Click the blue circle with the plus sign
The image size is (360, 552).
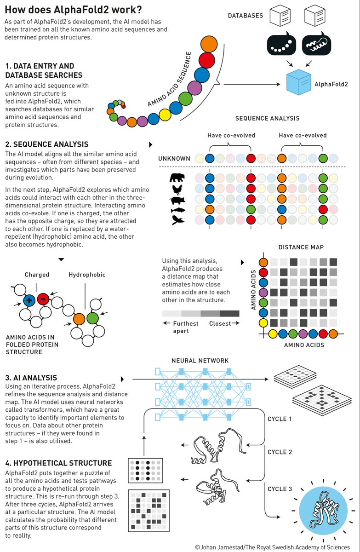[29, 300]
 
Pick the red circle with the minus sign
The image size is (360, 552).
[43, 299]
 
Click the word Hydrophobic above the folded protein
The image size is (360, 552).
[87, 275]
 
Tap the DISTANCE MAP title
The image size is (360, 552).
[301, 247]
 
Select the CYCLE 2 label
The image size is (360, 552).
[280, 452]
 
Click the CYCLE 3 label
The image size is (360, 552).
[280, 489]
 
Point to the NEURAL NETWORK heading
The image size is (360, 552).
[200, 361]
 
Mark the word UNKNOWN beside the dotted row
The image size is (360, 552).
[174, 159]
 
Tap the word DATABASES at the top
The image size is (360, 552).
[246, 16]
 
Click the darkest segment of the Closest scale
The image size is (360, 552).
[230, 313]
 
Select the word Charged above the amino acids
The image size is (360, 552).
[37, 275]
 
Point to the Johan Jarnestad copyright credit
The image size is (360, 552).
[276, 547]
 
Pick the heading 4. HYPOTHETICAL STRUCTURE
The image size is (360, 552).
[58, 463]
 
